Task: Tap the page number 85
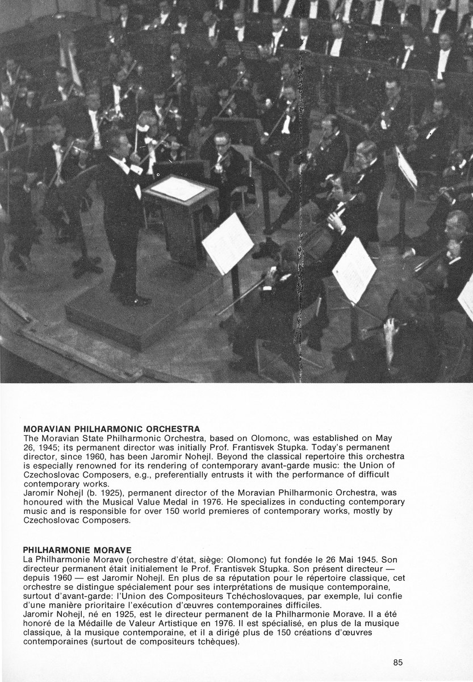[397, 662]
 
